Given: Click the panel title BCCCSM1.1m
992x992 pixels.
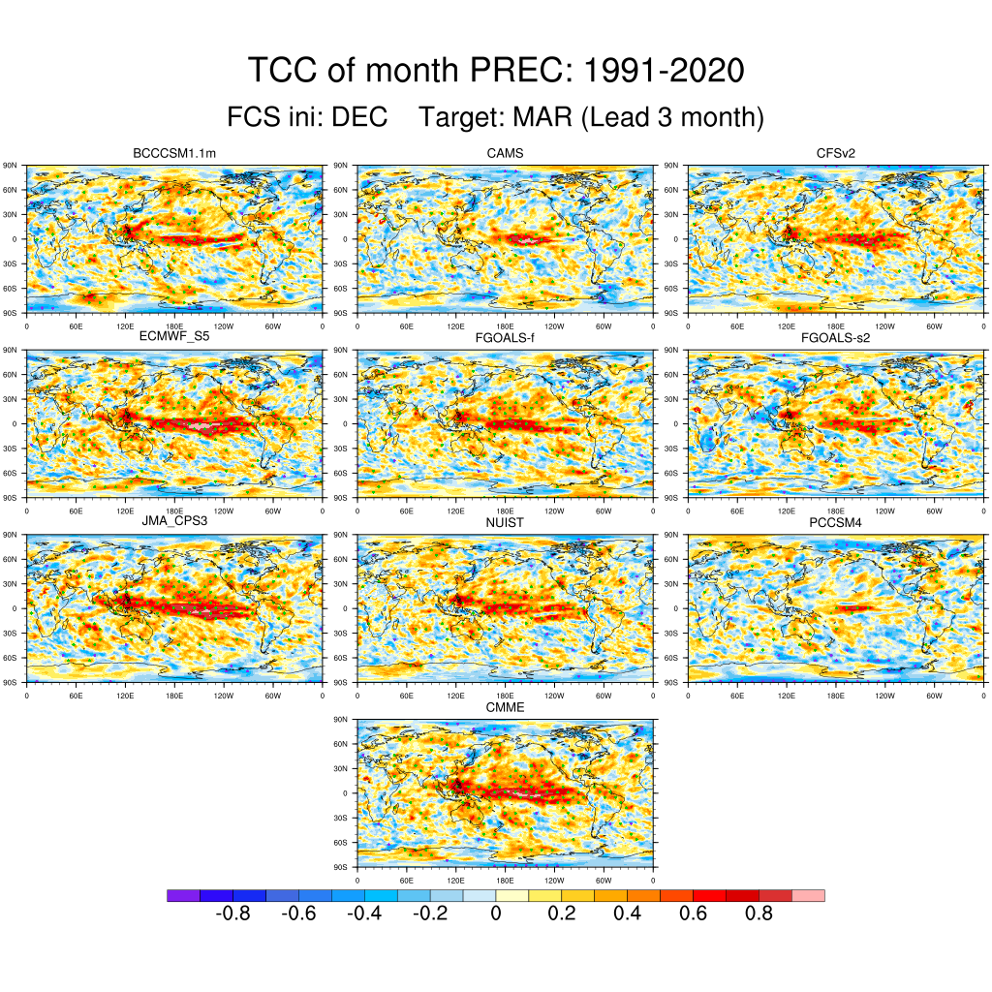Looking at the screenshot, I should pyautogui.click(x=174, y=153).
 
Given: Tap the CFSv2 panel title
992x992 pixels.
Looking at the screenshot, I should pyautogui.click(x=836, y=153).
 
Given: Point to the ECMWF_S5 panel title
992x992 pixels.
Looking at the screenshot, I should pyautogui.click(x=174, y=337).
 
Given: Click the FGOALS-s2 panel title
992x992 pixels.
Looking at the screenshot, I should pyautogui.click(x=836, y=337).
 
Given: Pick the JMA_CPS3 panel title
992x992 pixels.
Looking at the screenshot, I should pyautogui.click(x=174, y=521).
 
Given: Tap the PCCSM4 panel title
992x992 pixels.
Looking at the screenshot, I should pyautogui.click(x=836, y=521).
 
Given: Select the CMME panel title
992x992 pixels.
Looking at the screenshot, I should pyautogui.click(x=505, y=707).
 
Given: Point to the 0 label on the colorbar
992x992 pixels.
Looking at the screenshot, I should pyautogui.click(x=496, y=914).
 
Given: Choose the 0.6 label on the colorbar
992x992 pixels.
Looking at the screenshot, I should pyautogui.click(x=694, y=914).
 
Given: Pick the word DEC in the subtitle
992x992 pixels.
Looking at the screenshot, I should pyautogui.click(x=359, y=118).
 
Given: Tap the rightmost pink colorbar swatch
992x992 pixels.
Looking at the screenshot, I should pyautogui.click(x=808, y=896).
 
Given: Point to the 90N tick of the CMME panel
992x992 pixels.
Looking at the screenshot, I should pyautogui.click(x=340, y=720).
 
